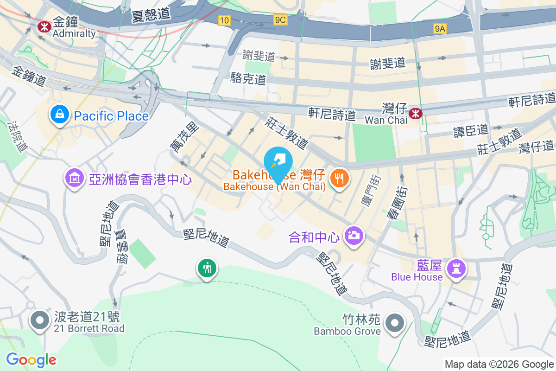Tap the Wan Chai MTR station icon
coord(416,113)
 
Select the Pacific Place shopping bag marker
coord(60,114)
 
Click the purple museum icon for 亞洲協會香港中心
coord(75,178)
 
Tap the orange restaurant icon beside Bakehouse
coord(340,178)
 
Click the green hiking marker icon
coord(207,268)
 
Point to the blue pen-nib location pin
coord(278,163)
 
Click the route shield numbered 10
coord(224,20)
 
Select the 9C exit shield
coord(281,20)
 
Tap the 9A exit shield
coord(440,29)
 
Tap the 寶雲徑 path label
coord(122,246)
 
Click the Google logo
coord(31,360)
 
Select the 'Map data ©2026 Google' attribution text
coord(499,365)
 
